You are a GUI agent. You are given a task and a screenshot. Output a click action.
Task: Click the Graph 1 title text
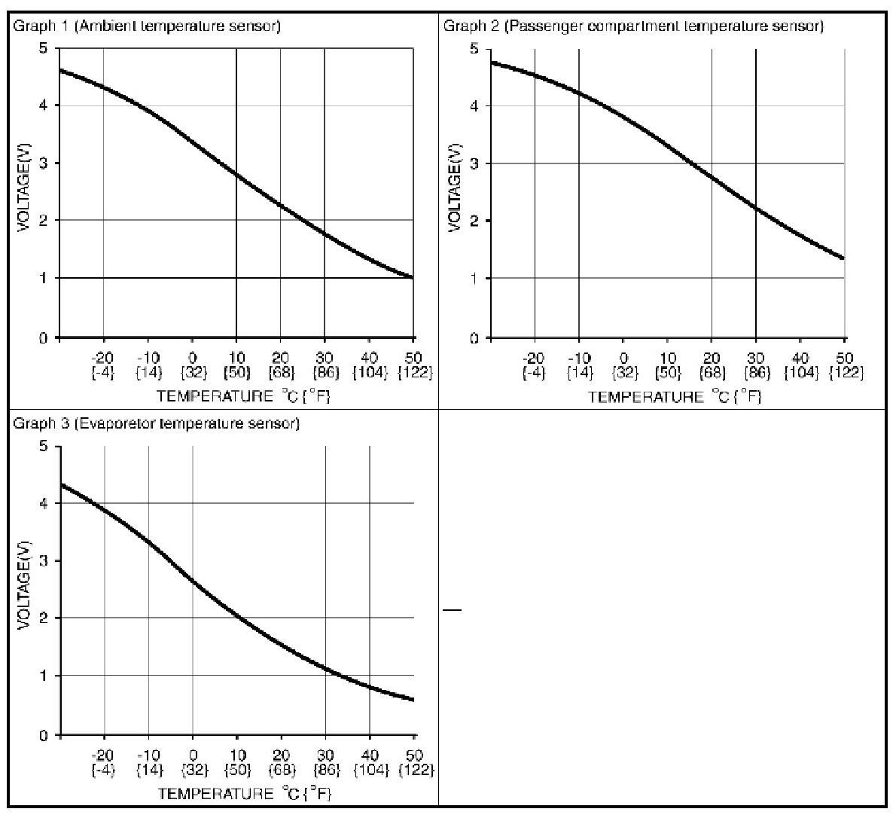pos(147,26)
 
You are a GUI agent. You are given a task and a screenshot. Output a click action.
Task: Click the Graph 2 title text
pos(633,26)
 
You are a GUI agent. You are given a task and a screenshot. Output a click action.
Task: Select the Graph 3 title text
pos(157,423)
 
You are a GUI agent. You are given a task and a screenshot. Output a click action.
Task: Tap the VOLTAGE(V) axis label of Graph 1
pos(23,192)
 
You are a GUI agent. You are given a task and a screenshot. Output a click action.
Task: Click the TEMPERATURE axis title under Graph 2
pos(675,396)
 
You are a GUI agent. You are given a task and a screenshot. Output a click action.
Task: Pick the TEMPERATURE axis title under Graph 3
pos(244,793)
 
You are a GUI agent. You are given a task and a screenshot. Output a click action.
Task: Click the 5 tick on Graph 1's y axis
pos(44,49)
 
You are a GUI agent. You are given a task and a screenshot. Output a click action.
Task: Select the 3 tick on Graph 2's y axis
pos(475,163)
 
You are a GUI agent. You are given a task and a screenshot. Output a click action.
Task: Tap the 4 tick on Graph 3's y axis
pos(44,503)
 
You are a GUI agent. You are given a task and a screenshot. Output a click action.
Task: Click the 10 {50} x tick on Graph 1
pos(236,365)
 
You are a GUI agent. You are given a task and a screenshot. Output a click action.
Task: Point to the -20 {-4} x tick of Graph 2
pos(534,365)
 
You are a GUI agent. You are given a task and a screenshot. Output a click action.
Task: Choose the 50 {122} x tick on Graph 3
pos(414,762)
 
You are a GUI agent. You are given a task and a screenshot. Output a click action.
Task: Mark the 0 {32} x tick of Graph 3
pos(193,762)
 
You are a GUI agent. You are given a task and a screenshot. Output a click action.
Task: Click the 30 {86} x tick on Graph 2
pos(756,365)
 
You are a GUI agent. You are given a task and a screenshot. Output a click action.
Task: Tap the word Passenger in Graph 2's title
pos(535,26)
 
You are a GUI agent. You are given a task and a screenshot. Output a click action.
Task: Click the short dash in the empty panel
pos(452,609)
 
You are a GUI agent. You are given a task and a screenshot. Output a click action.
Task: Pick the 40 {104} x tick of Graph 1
pos(369,365)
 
